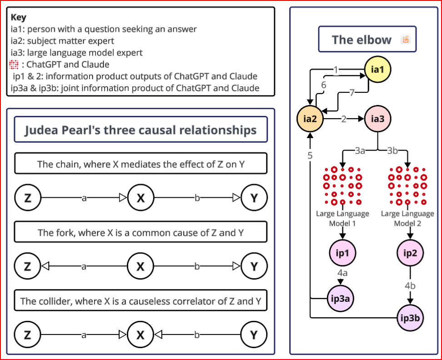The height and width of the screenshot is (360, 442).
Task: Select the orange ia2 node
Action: pos(310,119)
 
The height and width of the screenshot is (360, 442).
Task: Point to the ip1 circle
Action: pos(342,253)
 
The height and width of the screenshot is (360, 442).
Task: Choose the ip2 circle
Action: pos(410,253)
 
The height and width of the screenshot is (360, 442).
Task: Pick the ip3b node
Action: pos(410,317)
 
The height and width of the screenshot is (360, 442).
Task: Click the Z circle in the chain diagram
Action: pos(28,198)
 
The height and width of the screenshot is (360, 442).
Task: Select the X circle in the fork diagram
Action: pos(141,266)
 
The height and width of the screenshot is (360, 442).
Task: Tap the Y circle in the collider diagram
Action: pos(254,335)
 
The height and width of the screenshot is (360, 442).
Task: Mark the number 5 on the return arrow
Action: pos(310,155)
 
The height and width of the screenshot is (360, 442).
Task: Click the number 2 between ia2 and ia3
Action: pos(344,120)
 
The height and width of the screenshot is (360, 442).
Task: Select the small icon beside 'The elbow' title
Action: pos(405,40)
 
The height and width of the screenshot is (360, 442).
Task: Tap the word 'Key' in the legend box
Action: pos(19,17)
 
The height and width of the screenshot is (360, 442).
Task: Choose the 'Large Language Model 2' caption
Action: pos(407,218)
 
